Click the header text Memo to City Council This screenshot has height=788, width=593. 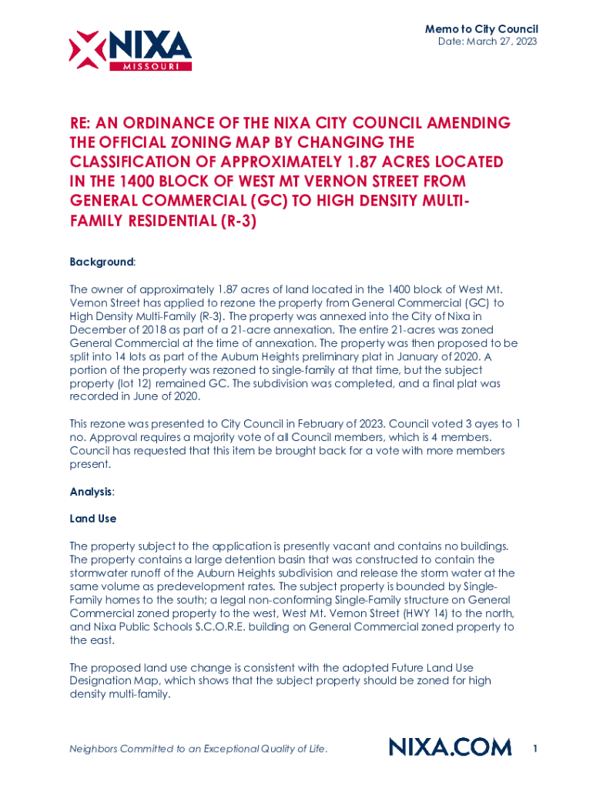[x=481, y=28]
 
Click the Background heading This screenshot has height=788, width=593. [x=101, y=262]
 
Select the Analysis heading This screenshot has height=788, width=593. [x=92, y=491]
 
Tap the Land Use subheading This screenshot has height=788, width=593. [x=92, y=519]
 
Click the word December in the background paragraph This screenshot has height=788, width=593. [x=95, y=329]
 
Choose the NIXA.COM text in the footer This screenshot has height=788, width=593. [x=450, y=747]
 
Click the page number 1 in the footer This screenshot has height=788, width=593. [x=534, y=747]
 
